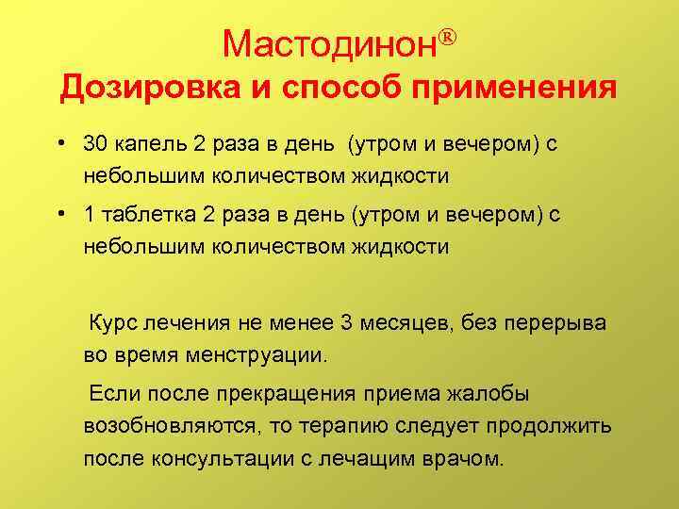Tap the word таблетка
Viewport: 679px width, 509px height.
[150, 216]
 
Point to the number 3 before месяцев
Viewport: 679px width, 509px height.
[345, 322]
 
